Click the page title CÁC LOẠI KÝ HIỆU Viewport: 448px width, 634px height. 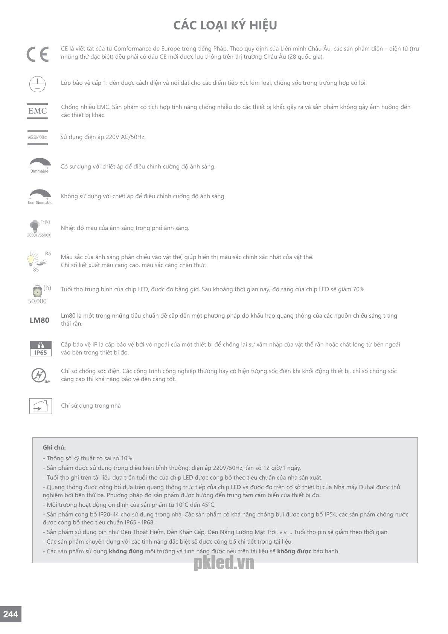(x=225, y=25)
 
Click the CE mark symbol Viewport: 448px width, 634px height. (x=38, y=55)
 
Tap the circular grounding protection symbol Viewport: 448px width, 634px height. (x=38, y=84)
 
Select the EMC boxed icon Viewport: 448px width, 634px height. (x=38, y=111)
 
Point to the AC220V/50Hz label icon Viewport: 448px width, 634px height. (x=38, y=137)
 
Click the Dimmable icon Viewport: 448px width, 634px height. (x=40, y=165)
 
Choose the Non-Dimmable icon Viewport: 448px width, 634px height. (x=40, y=197)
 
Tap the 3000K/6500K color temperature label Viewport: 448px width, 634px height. (x=39, y=235)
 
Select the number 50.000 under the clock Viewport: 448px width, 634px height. (x=37, y=301)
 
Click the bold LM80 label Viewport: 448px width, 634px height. (x=39, y=320)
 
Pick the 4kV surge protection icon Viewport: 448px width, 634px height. (x=39, y=375)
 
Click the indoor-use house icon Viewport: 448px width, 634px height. (x=41, y=406)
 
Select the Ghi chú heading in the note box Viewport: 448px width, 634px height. (x=54, y=448)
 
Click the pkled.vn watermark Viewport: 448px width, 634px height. (x=224, y=563)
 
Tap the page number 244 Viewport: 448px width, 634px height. (x=11, y=614)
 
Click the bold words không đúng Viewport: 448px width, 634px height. (x=126, y=551)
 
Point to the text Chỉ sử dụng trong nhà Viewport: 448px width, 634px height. (x=91, y=406)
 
